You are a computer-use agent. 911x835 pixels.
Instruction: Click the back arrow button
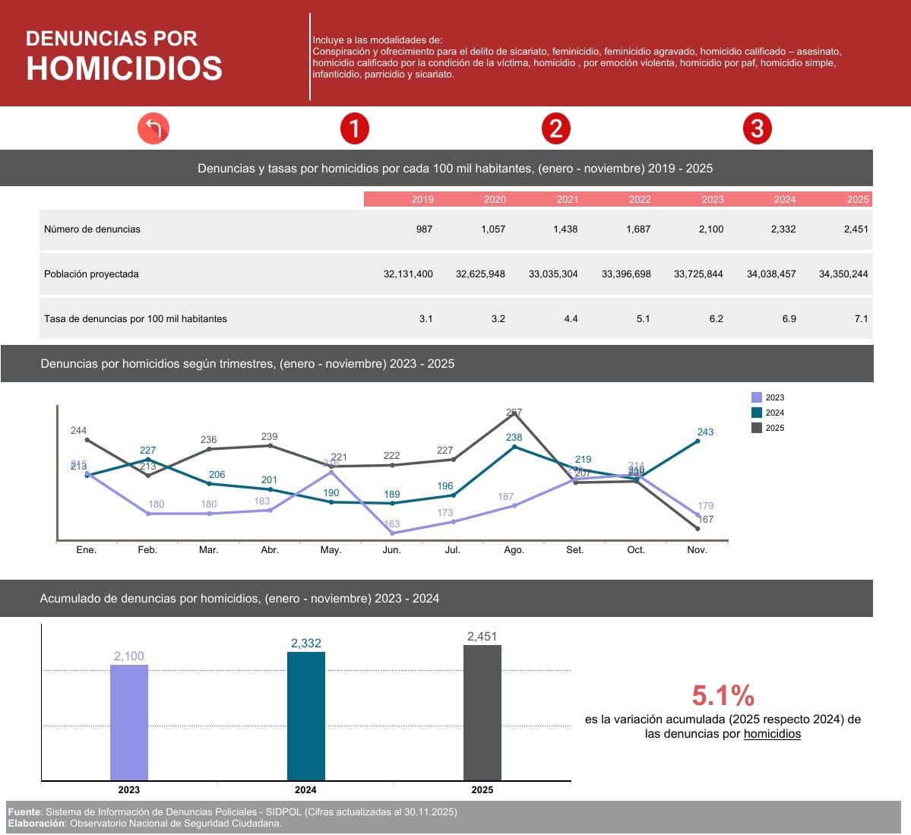[x=153, y=128]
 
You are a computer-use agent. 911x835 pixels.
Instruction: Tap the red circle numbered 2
[x=555, y=128]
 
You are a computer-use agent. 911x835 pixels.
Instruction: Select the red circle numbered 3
[x=757, y=128]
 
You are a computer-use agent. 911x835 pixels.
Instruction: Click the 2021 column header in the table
[x=567, y=199]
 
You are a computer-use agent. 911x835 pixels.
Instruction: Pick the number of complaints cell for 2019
[x=424, y=229]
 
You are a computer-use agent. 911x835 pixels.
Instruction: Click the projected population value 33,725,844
[x=698, y=274]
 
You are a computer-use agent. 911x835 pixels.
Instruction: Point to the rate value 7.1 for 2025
[x=860, y=318]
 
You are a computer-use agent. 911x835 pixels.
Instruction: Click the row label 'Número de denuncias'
[x=92, y=229]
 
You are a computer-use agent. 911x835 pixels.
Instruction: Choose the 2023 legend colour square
[x=756, y=397]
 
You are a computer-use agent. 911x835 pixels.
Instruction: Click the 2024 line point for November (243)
[x=697, y=441]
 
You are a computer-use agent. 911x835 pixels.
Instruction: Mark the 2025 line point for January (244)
[x=87, y=439]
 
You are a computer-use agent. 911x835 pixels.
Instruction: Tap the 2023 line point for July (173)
[x=453, y=522]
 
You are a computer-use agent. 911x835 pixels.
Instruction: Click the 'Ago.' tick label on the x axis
[x=514, y=549]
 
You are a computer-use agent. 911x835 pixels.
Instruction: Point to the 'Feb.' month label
[x=147, y=549]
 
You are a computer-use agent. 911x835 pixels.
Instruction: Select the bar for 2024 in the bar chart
[x=305, y=715]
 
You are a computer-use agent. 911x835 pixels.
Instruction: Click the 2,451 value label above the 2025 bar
[x=482, y=637]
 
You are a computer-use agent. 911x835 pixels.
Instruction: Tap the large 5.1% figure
[x=723, y=695]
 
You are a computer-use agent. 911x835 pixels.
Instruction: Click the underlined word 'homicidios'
[x=772, y=734]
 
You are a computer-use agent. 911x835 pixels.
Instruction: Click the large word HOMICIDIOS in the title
[x=124, y=68]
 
